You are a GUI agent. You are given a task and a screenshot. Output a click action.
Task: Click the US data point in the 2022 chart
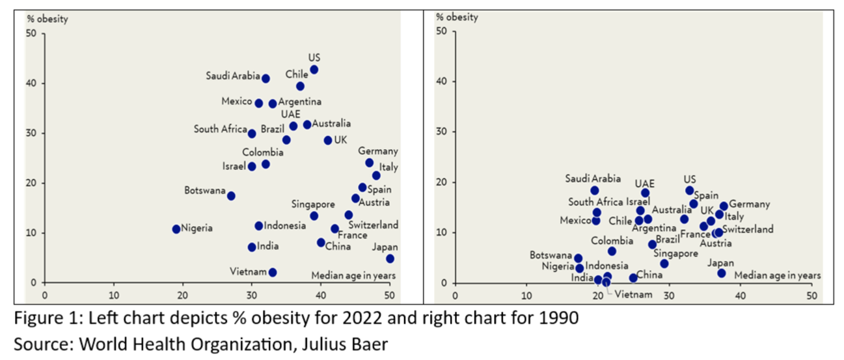(x=314, y=70)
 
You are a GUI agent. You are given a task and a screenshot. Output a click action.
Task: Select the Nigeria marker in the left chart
(x=176, y=229)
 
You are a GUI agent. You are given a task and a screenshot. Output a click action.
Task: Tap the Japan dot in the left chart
(x=389, y=258)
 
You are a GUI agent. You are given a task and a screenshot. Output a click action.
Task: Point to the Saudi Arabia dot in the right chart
(x=594, y=191)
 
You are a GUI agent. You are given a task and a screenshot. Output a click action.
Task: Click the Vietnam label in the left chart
(x=249, y=271)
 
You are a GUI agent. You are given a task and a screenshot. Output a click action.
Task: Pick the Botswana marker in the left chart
(x=231, y=196)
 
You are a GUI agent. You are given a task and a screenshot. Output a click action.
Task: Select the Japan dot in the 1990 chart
(x=721, y=273)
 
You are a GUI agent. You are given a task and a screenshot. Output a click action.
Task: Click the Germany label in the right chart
(x=749, y=204)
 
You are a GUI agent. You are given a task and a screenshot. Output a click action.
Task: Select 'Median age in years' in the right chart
(x=778, y=275)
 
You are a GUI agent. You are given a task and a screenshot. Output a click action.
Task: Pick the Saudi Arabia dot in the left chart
(x=265, y=79)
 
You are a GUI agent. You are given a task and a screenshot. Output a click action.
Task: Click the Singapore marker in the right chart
(x=664, y=264)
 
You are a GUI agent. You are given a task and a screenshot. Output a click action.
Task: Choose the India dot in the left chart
(x=252, y=247)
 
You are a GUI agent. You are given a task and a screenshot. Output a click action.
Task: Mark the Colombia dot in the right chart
(x=612, y=251)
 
